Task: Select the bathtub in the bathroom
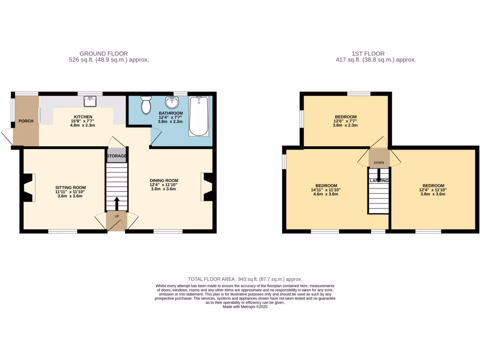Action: (199, 116)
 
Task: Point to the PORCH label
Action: (26, 121)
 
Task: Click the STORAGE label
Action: (117, 156)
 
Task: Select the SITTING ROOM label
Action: (70, 187)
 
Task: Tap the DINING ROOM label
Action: (164, 180)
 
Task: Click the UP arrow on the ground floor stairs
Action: (116, 203)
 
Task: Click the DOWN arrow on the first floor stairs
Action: (379, 172)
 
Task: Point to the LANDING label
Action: (379, 180)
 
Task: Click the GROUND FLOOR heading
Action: (104, 53)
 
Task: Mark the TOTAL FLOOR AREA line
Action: (245, 279)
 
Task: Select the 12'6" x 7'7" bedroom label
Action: (345, 121)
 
